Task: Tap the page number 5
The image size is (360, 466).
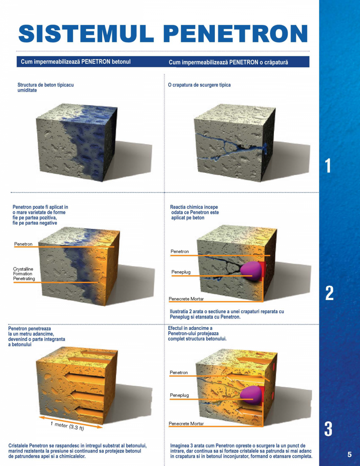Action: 349,454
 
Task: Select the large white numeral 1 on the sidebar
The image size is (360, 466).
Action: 328,166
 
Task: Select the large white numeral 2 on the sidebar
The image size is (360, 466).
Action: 329,293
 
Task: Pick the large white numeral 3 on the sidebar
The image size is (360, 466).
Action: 329,429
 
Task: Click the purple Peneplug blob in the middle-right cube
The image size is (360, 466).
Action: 252,271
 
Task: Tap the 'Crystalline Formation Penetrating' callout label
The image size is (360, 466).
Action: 24,274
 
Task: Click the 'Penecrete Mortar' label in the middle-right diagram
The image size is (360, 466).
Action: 186,299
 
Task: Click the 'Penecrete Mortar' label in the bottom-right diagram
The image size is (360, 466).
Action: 186,424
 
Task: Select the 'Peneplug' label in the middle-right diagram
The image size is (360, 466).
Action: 180,272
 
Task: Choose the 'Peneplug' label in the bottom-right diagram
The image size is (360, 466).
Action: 179,395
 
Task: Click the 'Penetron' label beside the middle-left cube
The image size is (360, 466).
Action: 23,244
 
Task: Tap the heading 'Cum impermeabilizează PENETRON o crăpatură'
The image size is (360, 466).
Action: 229,62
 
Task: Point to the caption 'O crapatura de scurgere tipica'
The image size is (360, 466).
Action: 199,85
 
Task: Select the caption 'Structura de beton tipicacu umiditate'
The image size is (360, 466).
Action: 46,87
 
